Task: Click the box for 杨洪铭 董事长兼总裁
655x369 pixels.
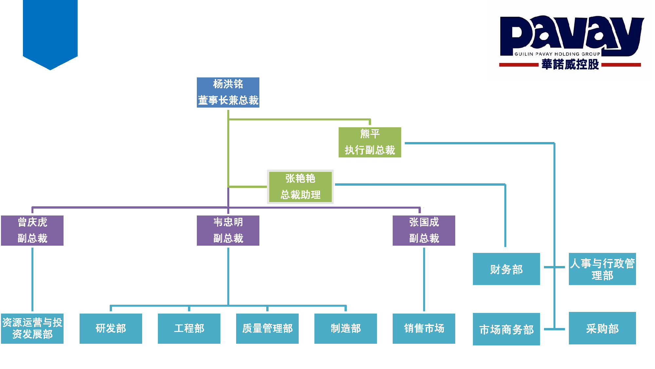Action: point(228,92)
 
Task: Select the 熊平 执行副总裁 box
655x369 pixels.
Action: point(370,142)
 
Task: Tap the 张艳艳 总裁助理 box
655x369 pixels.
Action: point(300,187)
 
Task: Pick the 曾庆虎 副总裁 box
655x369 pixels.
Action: point(32,231)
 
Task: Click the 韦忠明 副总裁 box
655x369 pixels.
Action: point(228,231)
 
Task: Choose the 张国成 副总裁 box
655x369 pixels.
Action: point(424,231)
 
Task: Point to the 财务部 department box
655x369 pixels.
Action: point(506,269)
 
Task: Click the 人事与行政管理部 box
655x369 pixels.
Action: point(602,269)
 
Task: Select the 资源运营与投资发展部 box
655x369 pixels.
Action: point(32,329)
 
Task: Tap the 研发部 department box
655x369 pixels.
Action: point(111,329)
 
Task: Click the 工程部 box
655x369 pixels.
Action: point(189,329)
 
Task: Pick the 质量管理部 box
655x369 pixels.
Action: point(267,329)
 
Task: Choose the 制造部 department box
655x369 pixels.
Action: point(346,329)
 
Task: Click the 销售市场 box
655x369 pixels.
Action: point(424,329)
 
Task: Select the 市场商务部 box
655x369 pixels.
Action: point(506,329)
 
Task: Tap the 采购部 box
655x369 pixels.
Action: point(602,328)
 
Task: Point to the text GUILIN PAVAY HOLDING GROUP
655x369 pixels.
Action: point(557,54)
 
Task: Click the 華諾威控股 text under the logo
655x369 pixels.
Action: point(570,64)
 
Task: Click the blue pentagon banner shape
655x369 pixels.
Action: point(50,33)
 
